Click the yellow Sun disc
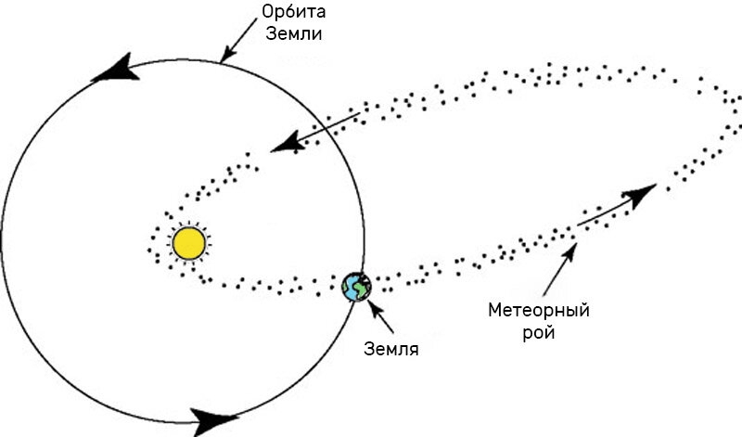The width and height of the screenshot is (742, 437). pos(188,243)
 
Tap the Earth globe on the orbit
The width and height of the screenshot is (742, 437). pos(355,287)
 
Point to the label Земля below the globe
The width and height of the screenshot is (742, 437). pos(391,350)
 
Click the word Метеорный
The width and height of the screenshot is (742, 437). pos(540,309)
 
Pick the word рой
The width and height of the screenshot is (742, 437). pos(540,331)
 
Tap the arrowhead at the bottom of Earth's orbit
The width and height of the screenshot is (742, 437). pos(217,419)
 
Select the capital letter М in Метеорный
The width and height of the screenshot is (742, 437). pos(493,309)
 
